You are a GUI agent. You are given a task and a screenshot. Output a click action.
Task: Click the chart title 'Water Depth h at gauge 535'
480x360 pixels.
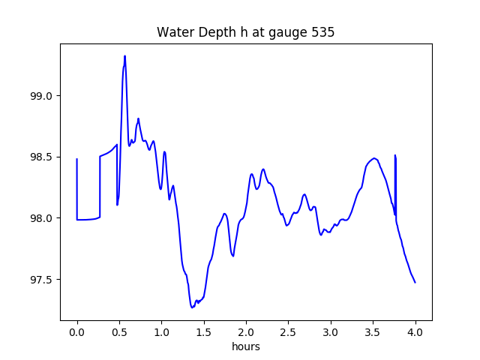[245, 33]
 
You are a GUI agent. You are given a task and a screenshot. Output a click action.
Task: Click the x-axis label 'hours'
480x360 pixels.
[245, 347]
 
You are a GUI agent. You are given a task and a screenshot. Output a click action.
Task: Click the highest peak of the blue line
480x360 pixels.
[124, 56]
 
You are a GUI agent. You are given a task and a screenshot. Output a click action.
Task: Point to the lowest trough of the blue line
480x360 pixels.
[192, 307]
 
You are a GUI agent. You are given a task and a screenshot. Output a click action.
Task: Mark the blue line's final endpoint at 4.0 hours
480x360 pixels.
[415, 282]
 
